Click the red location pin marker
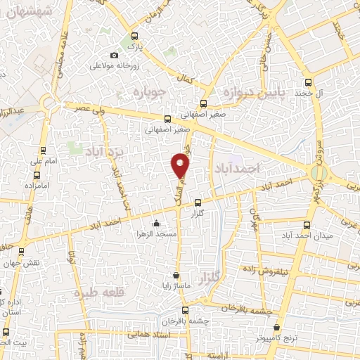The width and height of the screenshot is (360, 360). tap(181, 165)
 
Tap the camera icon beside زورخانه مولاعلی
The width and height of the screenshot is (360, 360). tap(115, 56)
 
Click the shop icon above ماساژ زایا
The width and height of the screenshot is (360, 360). tap(176, 275)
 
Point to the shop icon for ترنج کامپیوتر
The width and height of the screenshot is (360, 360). tap(277, 328)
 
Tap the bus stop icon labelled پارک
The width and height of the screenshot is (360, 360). tap(134, 37)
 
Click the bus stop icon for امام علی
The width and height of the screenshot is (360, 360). tap(44, 150)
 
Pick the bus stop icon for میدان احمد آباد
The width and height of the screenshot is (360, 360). tap(305, 224)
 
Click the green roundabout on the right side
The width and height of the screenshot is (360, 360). tap(319, 172)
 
